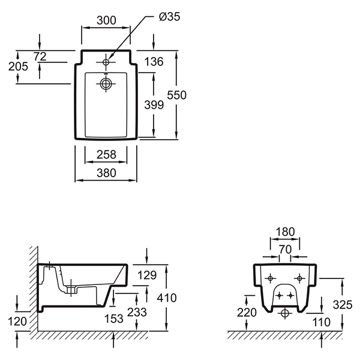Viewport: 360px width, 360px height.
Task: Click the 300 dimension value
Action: [106, 20]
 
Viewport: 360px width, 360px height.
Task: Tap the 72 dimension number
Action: [40, 56]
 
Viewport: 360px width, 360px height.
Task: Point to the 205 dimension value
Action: [18, 67]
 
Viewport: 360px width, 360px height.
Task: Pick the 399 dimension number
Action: [154, 105]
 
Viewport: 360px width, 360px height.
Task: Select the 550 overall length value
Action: [177, 95]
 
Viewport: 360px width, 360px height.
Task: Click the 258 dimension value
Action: [106, 155]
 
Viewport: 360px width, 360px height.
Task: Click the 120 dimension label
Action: [18, 322]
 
